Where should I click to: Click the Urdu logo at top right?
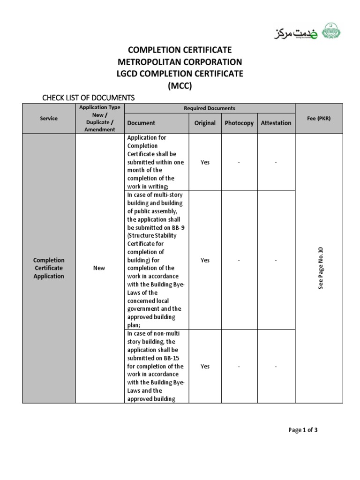[x=307, y=33]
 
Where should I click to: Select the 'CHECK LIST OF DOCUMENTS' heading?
[x=89, y=97]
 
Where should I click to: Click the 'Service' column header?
[x=49, y=119]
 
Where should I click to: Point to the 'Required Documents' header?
[x=210, y=108]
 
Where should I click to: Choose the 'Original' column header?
[x=205, y=123]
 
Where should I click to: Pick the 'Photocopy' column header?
[x=239, y=123]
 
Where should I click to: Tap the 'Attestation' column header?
[x=276, y=123]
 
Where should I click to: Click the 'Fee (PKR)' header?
[x=319, y=119]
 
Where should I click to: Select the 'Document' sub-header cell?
[x=141, y=123]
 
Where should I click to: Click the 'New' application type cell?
[x=99, y=268]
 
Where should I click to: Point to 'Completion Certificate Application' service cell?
[x=49, y=268]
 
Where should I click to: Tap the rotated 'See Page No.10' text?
[x=321, y=268]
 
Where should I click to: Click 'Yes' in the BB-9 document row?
[x=205, y=260]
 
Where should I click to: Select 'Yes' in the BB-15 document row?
[x=205, y=366]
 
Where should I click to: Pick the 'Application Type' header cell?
[x=99, y=108]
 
